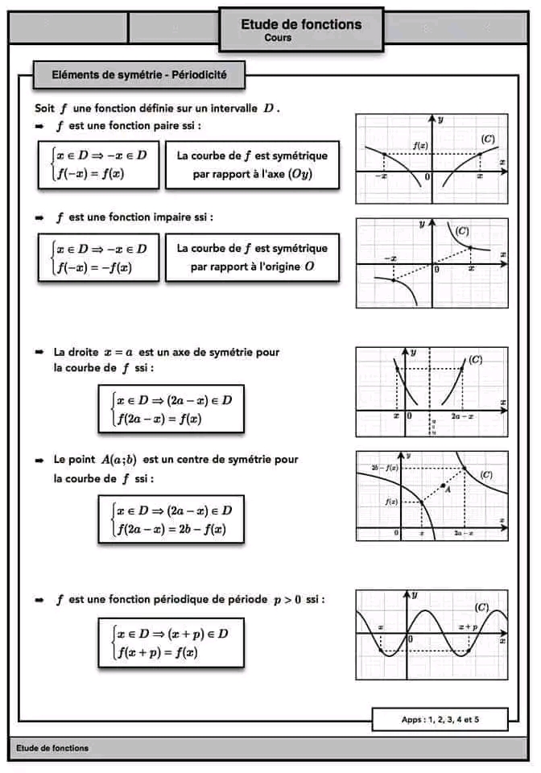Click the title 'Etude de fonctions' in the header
(301, 24)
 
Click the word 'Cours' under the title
(277, 38)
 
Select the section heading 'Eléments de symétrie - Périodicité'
(138, 75)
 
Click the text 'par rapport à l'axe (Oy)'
(252, 174)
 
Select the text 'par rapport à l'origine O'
(252, 267)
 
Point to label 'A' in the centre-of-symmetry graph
(448, 488)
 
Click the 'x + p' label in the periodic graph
(468, 626)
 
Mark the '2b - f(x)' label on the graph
(386, 468)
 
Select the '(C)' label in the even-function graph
(488, 139)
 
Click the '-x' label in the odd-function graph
(391, 258)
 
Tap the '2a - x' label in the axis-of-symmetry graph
(462, 416)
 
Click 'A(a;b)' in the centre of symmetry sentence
(118, 460)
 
